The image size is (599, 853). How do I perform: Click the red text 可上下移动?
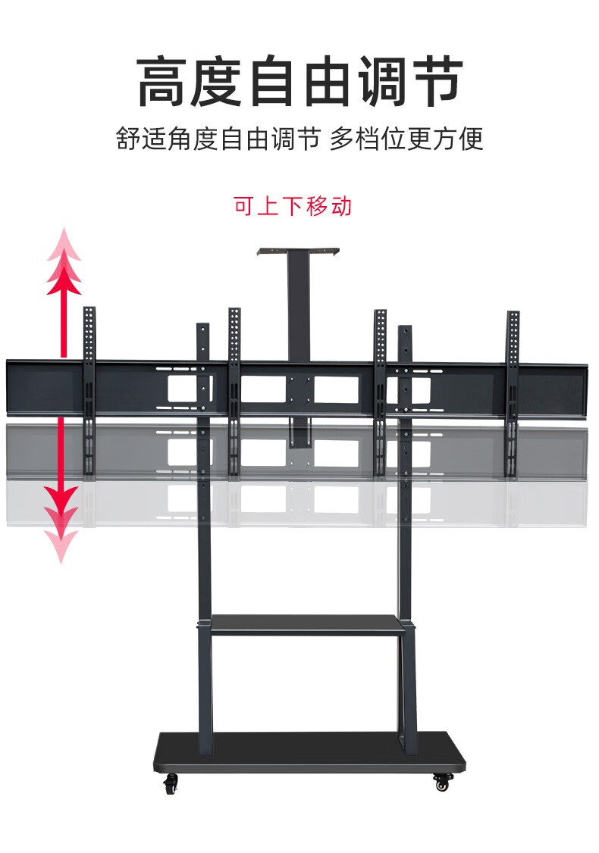pos(292,206)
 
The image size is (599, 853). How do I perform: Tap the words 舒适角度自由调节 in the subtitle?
pos(218,140)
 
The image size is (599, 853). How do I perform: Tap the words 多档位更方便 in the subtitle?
pos(406,140)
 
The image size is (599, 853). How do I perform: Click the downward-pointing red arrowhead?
pos(61,504)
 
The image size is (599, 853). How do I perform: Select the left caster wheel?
pos(171,783)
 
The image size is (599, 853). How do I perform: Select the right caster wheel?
pos(442,781)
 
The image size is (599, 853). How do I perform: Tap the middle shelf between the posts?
pos(305,624)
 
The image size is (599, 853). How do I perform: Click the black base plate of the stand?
pos(309,750)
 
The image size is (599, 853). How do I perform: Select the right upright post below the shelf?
pos(408,682)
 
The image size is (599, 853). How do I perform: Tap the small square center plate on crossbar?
pos(299,389)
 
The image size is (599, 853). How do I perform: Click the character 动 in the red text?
pos(341,206)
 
